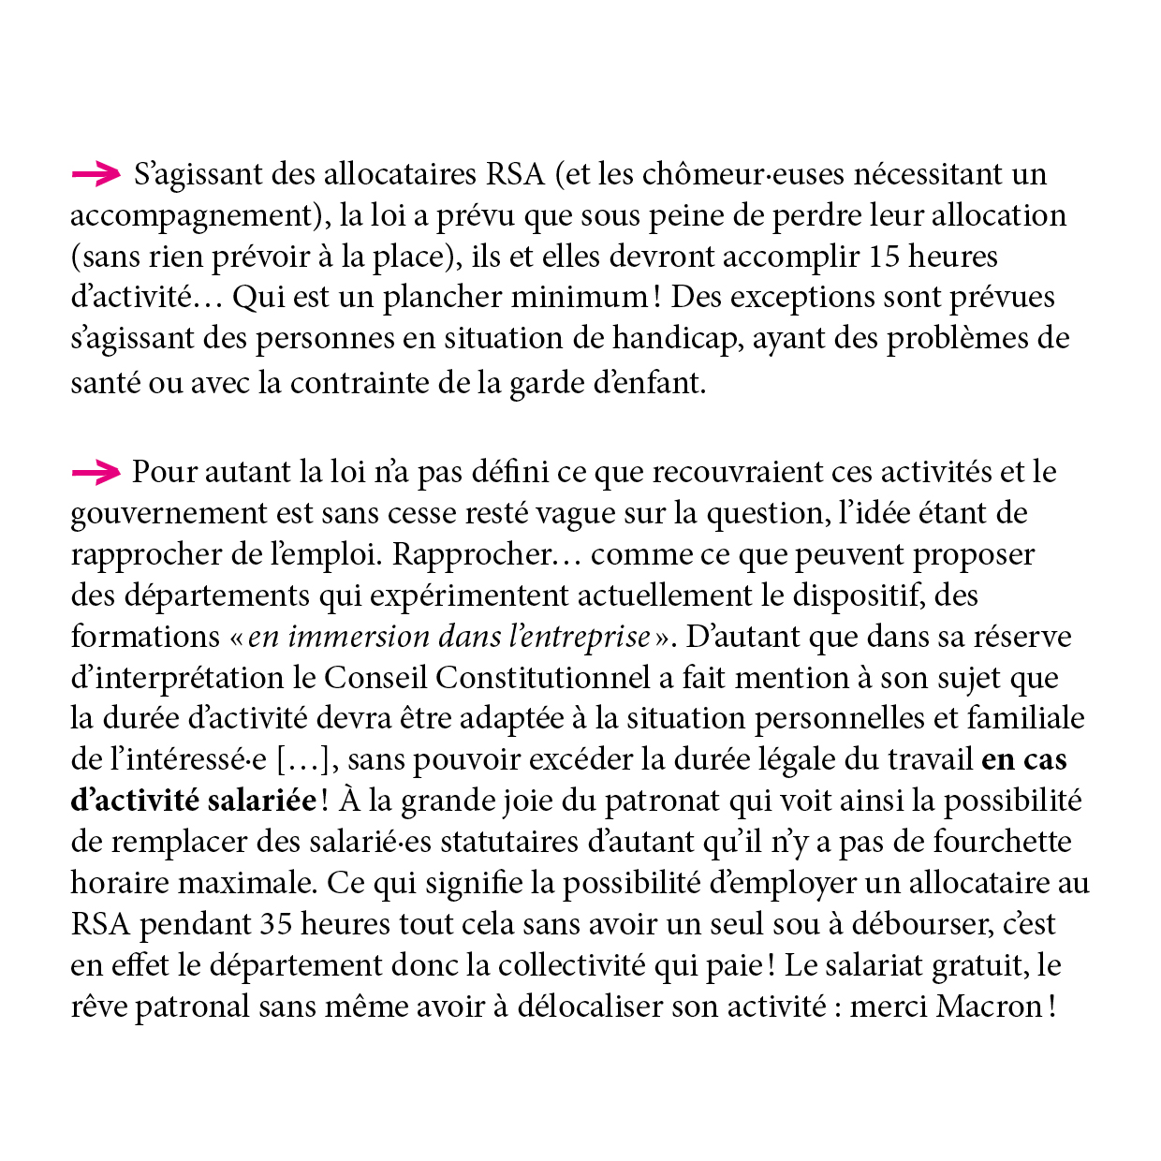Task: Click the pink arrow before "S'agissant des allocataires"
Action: click(96, 173)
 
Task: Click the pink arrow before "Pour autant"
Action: click(96, 473)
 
